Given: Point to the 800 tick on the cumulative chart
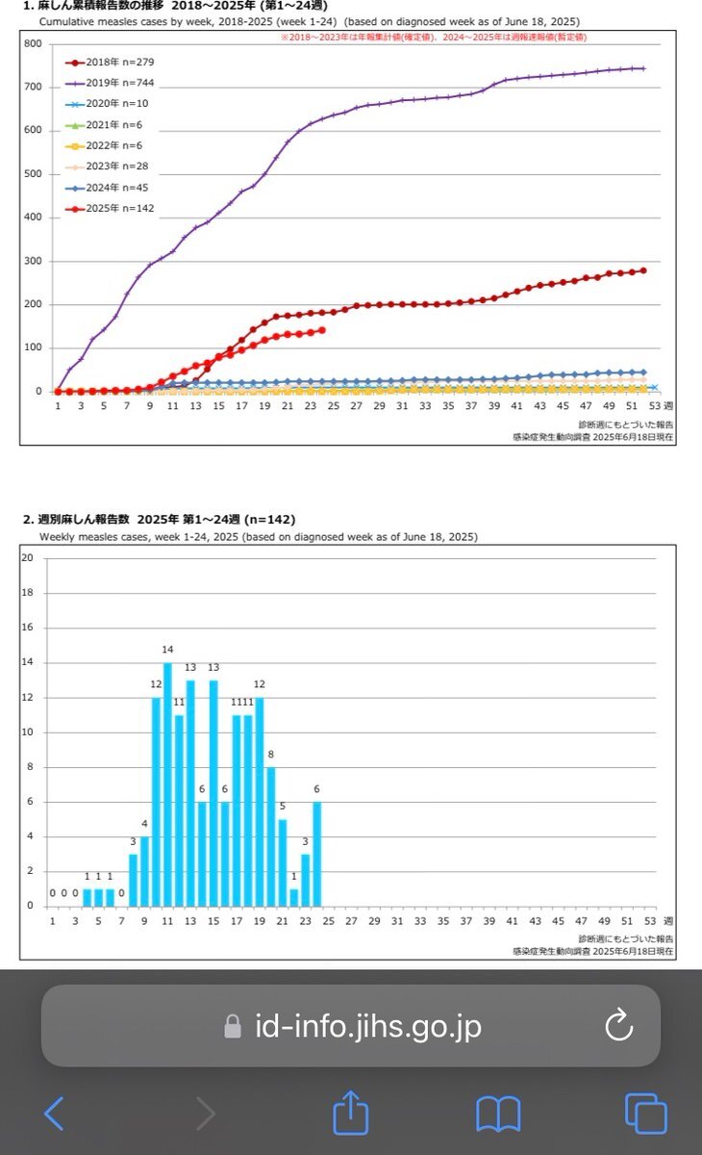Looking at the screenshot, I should pyautogui.click(x=33, y=43).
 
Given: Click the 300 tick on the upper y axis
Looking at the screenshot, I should pyautogui.click(x=33, y=261).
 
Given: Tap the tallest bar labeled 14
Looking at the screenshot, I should pyautogui.click(x=167, y=783).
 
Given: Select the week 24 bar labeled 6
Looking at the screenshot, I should pyautogui.click(x=316, y=853).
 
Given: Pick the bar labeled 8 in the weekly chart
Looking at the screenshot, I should pyautogui.click(x=270, y=835).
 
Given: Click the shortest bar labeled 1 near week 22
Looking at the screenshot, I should pyautogui.click(x=293, y=896).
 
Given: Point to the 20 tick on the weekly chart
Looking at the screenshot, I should pyautogui.click(x=28, y=558).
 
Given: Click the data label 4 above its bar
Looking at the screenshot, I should pyautogui.click(x=144, y=824).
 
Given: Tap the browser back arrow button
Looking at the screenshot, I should pyautogui.click(x=54, y=1114).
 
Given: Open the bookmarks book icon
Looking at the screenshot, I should pyautogui.click(x=497, y=1114).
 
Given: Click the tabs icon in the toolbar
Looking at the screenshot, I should pyautogui.click(x=645, y=1114).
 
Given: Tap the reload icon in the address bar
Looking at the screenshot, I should pyautogui.click(x=618, y=1026).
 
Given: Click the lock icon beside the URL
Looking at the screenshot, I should pyautogui.click(x=232, y=1027).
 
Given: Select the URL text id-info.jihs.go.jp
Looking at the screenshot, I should pyautogui.click(x=368, y=1027).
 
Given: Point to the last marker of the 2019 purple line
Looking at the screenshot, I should pyautogui.click(x=642, y=68).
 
